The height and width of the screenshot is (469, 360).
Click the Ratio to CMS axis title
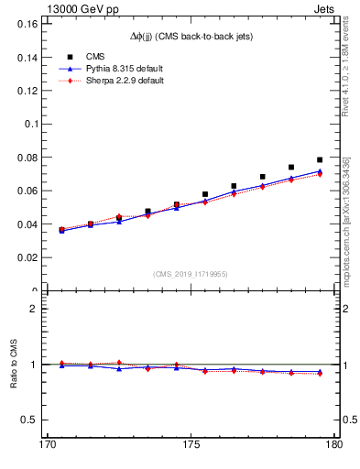coord(14,365)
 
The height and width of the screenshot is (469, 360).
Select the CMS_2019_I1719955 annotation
coord(190,273)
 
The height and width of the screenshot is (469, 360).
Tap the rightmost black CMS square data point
coord(320,160)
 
